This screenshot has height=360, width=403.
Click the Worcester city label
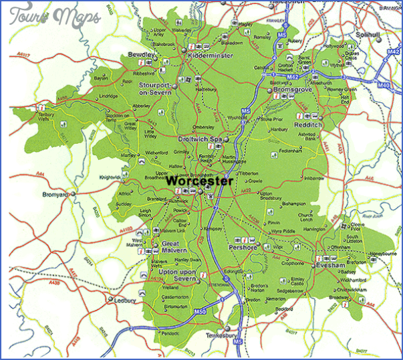click(x=199, y=181)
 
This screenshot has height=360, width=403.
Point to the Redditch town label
click(x=307, y=124)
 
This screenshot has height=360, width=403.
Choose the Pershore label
click(x=243, y=247)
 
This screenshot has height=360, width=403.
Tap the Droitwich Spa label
click(x=199, y=139)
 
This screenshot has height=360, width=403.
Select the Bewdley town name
click(x=142, y=54)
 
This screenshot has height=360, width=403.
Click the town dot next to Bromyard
click(x=74, y=195)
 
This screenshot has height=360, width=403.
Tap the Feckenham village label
click(x=291, y=151)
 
